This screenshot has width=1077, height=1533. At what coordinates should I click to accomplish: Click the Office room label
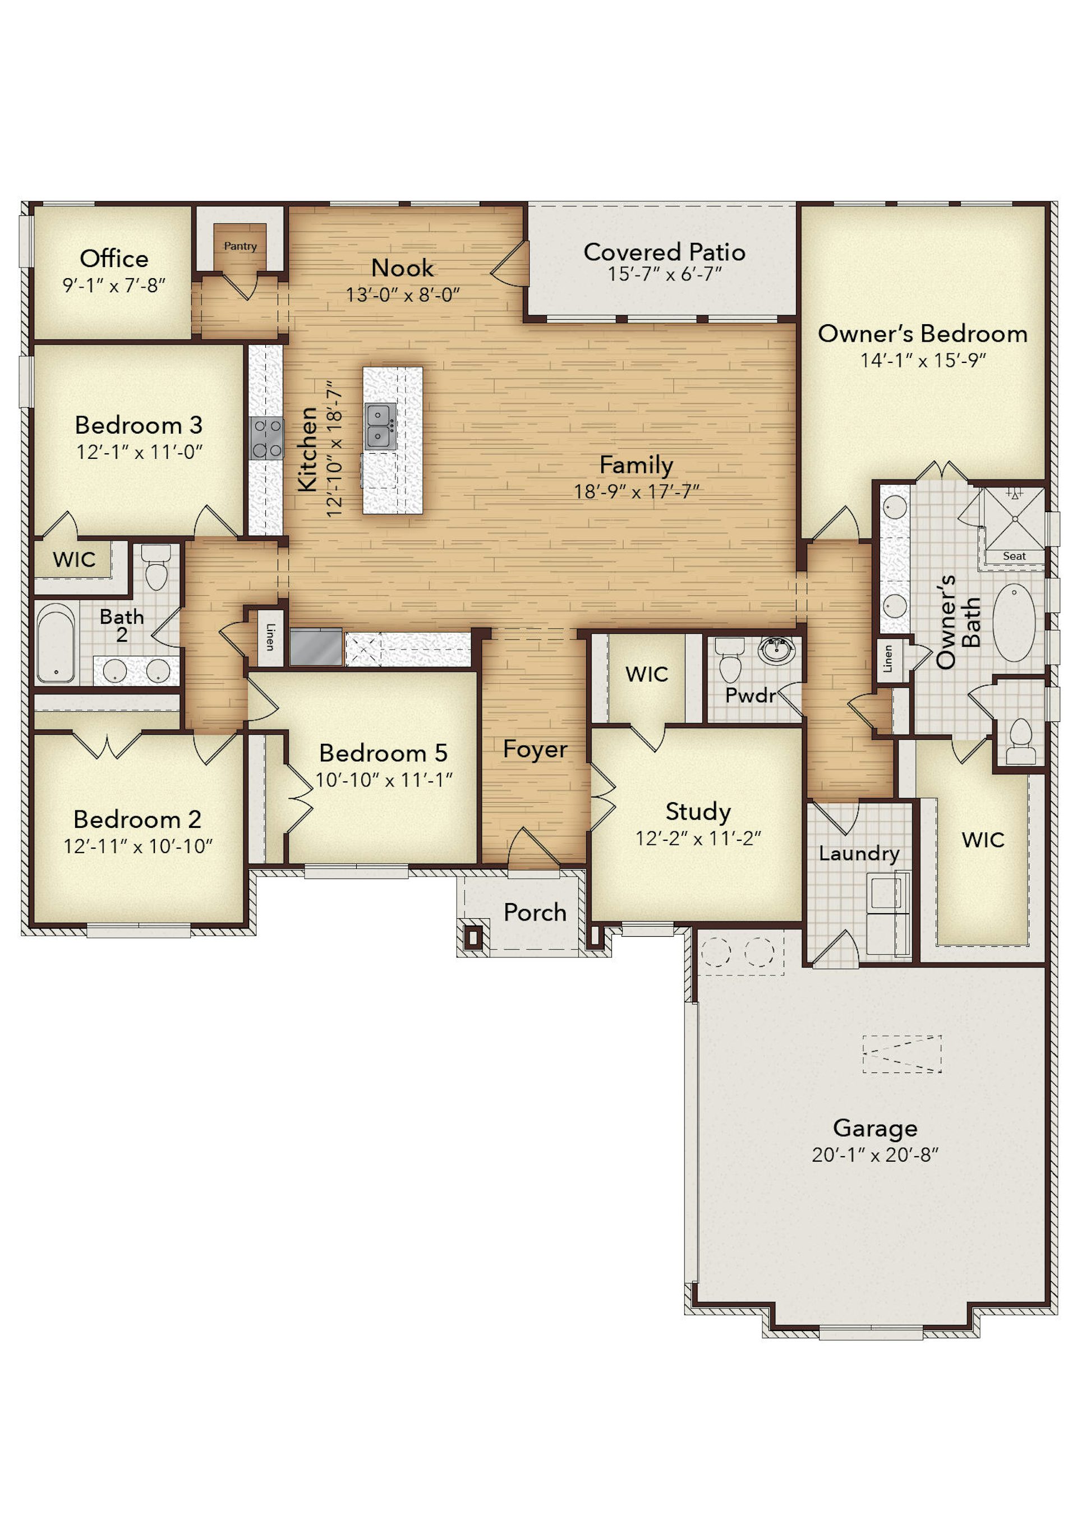point(114,259)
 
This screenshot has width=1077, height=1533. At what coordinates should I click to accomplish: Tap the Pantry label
point(241,246)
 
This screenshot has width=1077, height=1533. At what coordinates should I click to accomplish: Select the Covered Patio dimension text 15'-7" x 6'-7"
point(664,274)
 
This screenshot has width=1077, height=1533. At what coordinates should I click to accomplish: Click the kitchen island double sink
point(380,426)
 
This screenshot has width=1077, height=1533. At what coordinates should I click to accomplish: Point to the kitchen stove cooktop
point(266,438)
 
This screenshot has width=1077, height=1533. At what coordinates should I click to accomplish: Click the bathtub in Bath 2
point(56,642)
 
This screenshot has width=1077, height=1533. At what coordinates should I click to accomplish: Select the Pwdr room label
point(751,696)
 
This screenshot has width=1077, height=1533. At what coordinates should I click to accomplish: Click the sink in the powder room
point(776,650)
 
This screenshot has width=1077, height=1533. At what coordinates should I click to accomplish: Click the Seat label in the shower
point(1014,556)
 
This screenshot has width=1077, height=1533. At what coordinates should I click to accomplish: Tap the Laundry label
point(859,854)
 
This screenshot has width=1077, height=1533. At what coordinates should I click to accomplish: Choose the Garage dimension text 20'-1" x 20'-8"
point(875,1154)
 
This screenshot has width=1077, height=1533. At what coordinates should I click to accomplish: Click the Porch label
point(535,912)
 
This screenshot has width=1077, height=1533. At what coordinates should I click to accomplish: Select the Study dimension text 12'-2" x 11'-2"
point(698,838)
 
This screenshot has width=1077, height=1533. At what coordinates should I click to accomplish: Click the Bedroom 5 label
point(383,753)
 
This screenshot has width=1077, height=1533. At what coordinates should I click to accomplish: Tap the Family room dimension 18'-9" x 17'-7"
point(636,491)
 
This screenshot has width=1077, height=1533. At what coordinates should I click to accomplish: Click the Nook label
point(402,268)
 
